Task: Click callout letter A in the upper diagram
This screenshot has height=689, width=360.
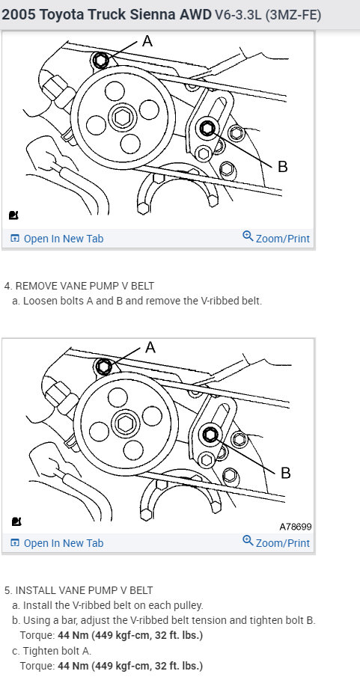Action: pyautogui.click(x=147, y=41)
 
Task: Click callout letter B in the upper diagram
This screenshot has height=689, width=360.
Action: pyautogui.click(x=283, y=167)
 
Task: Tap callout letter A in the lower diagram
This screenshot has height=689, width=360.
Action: pyautogui.click(x=150, y=348)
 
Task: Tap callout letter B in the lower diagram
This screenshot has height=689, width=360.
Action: pyautogui.click(x=285, y=473)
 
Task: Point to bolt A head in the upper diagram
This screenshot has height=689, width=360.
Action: pyautogui.click(x=101, y=60)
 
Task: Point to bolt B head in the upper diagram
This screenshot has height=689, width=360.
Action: pyautogui.click(x=207, y=128)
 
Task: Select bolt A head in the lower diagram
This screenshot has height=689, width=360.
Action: pyautogui.click(x=104, y=367)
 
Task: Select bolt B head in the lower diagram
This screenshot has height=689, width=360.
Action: pyautogui.click(x=210, y=435)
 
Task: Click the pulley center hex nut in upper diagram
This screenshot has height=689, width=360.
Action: pyautogui.click(x=121, y=117)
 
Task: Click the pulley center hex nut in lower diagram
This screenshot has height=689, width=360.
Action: pyautogui.click(x=124, y=423)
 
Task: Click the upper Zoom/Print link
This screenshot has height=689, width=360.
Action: pyautogui.click(x=276, y=238)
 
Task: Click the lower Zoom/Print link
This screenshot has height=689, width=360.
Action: pyautogui.click(x=276, y=542)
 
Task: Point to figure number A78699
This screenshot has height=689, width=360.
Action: pyautogui.click(x=296, y=527)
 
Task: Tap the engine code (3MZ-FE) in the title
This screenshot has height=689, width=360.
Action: pyautogui.click(x=293, y=16)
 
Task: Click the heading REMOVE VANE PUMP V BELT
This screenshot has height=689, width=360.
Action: pyautogui.click(x=85, y=286)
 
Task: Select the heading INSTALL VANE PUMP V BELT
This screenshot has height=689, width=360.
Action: pyautogui.click(x=85, y=590)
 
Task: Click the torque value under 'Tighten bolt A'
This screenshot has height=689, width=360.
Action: pyautogui.click(x=130, y=666)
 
